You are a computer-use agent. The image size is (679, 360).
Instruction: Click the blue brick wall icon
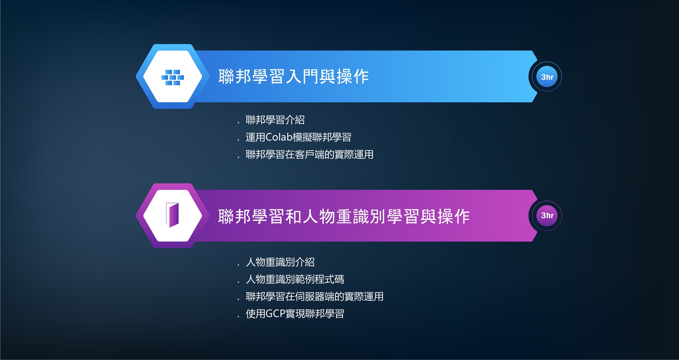[x=172, y=77]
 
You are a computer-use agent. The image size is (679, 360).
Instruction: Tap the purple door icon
[x=172, y=215]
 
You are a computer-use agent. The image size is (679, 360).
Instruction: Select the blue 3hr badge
[x=547, y=77]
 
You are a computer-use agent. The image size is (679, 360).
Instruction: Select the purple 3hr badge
[x=547, y=215]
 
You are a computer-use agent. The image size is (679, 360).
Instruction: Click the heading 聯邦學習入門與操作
[x=293, y=76]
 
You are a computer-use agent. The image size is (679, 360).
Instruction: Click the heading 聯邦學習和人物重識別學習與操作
[x=344, y=216]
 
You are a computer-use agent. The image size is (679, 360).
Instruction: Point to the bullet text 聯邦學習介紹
[x=275, y=120]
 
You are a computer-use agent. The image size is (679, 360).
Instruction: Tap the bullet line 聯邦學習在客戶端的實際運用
[x=309, y=154]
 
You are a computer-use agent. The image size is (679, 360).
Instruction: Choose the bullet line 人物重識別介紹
[x=280, y=262]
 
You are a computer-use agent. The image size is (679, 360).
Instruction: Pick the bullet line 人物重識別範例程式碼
[x=295, y=279]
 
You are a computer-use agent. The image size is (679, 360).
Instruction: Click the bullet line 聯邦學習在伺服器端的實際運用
[x=314, y=297]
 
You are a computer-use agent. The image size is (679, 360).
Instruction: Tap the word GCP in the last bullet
[x=275, y=314]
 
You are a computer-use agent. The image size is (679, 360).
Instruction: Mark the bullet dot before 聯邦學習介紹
[x=238, y=123]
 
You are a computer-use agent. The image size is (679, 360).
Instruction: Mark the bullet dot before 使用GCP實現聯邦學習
[x=238, y=317]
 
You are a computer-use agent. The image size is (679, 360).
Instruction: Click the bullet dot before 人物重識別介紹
[x=238, y=265]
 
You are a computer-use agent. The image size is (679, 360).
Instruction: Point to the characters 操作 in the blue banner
[x=352, y=76]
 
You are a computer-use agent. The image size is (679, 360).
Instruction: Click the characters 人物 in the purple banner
[x=319, y=216]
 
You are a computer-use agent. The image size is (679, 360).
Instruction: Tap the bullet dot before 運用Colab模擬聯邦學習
[x=238, y=140]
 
